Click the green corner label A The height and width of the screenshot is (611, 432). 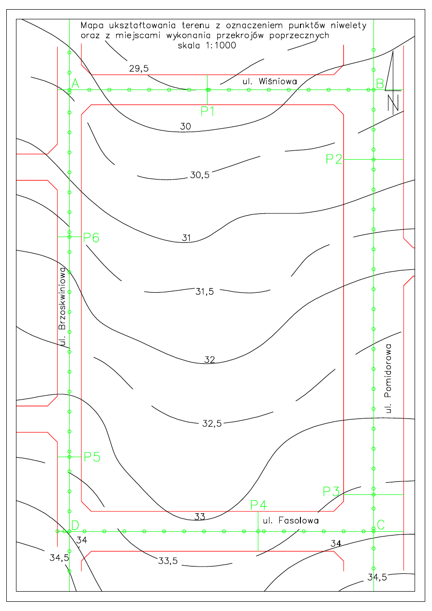point(75,84)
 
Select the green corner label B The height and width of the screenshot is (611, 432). point(380,84)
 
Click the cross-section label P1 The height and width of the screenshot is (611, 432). point(208,111)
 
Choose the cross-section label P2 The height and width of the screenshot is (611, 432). point(334,159)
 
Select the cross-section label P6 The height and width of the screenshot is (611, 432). point(91,238)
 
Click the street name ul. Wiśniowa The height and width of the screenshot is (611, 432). point(270,81)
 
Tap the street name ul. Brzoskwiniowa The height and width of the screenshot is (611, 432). point(62,307)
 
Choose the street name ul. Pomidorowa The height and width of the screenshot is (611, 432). point(388,379)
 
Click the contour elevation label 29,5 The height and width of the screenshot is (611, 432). point(139,69)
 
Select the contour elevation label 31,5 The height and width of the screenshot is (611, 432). point(205,292)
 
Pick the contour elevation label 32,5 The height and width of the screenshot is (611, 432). point(212,424)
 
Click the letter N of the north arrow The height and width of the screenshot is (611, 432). point(393,103)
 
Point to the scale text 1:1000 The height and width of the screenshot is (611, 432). point(221,45)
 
